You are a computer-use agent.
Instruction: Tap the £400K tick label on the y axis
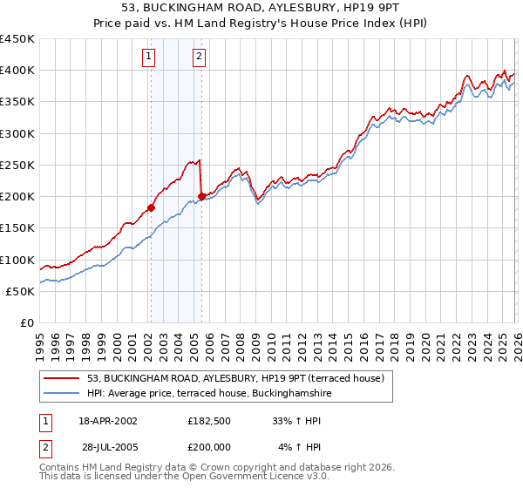pyautogui.click(x=17, y=71)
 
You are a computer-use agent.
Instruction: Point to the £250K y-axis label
pyautogui.click(x=17, y=165)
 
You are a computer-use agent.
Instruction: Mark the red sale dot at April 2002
pyautogui.click(x=151, y=207)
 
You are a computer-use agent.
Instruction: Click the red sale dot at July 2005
pyautogui.click(x=201, y=196)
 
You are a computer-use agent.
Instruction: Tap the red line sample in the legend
pyautogui.click(x=62, y=377)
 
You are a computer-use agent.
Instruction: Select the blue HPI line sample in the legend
pyautogui.click(x=62, y=393)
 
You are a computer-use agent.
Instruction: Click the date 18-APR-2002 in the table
pyautogui.click(x=108, y=420)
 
